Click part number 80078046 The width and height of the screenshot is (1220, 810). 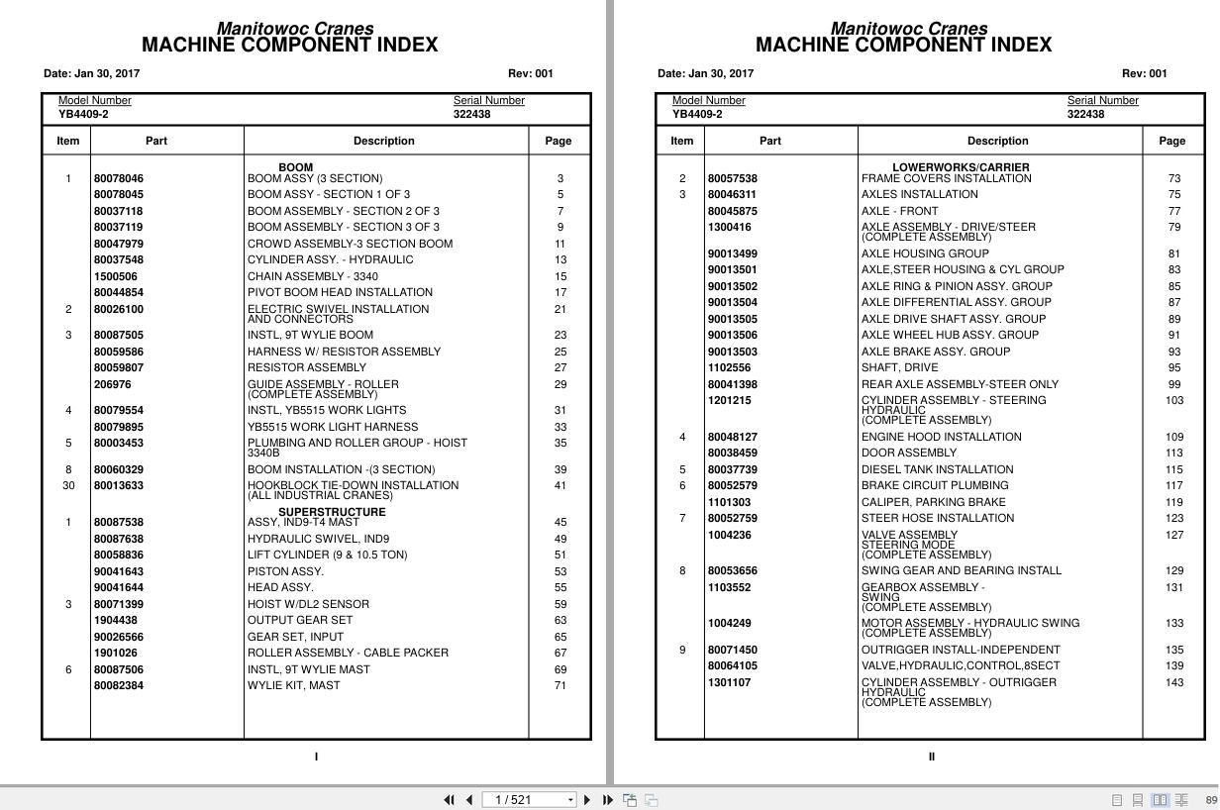click(118, 179)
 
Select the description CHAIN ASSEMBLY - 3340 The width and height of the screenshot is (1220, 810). click(312, 276)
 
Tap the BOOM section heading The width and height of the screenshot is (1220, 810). click(295, 167)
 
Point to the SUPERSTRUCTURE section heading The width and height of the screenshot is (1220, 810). click(332, 512)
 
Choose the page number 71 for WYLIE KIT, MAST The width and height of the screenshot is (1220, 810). click(559, 686)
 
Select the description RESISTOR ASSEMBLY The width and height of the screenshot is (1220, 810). click(306, 367)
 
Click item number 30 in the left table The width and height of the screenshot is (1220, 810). click(68, 486)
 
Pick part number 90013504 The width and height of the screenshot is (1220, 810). click(732, 303)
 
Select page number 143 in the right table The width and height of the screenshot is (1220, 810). click(1173, 683)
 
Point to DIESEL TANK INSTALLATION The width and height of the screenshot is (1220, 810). click(937, 470)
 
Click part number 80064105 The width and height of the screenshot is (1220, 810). click(732, 666)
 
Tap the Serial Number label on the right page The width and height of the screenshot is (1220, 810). click(1102, 101)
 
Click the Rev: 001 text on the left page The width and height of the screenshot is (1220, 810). click(531, 73)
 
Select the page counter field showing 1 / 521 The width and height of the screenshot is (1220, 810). click(528, 800)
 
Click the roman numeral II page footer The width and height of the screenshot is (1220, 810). click(931, 758)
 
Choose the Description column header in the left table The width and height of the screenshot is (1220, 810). click(383, 141)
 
